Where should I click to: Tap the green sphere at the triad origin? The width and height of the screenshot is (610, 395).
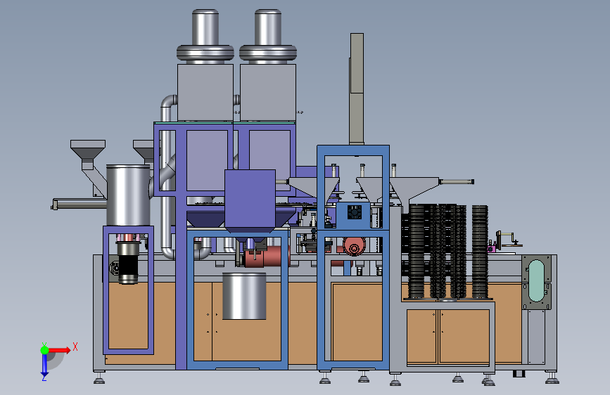45,350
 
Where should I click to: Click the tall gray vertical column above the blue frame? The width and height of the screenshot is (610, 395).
357,89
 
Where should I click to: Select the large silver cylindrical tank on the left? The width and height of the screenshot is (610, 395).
128,195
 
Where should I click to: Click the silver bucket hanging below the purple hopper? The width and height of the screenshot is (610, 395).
244,296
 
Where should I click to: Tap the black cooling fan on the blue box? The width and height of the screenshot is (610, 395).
355,212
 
